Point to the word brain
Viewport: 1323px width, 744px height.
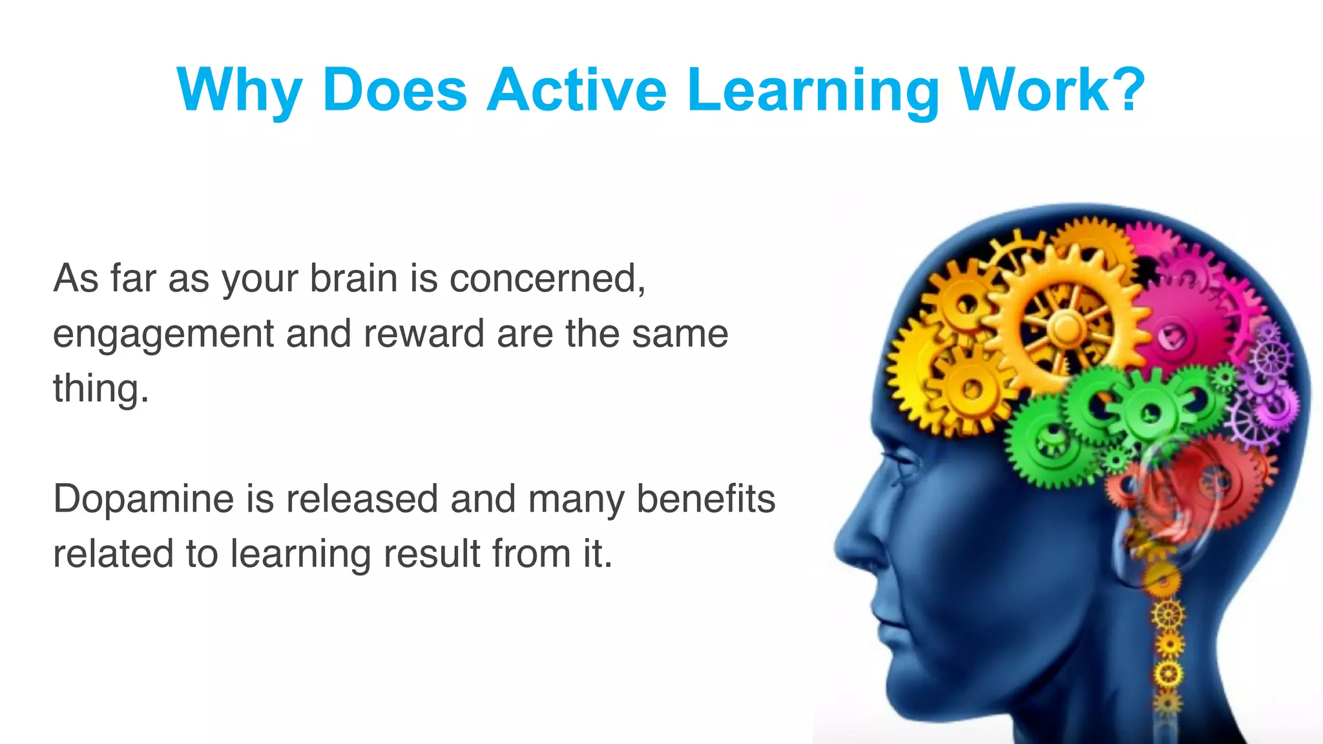[353, 278]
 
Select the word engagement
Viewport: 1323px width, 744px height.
[163, 335]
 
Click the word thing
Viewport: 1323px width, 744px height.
[100, 389]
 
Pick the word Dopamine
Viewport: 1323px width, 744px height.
[143, 500]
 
